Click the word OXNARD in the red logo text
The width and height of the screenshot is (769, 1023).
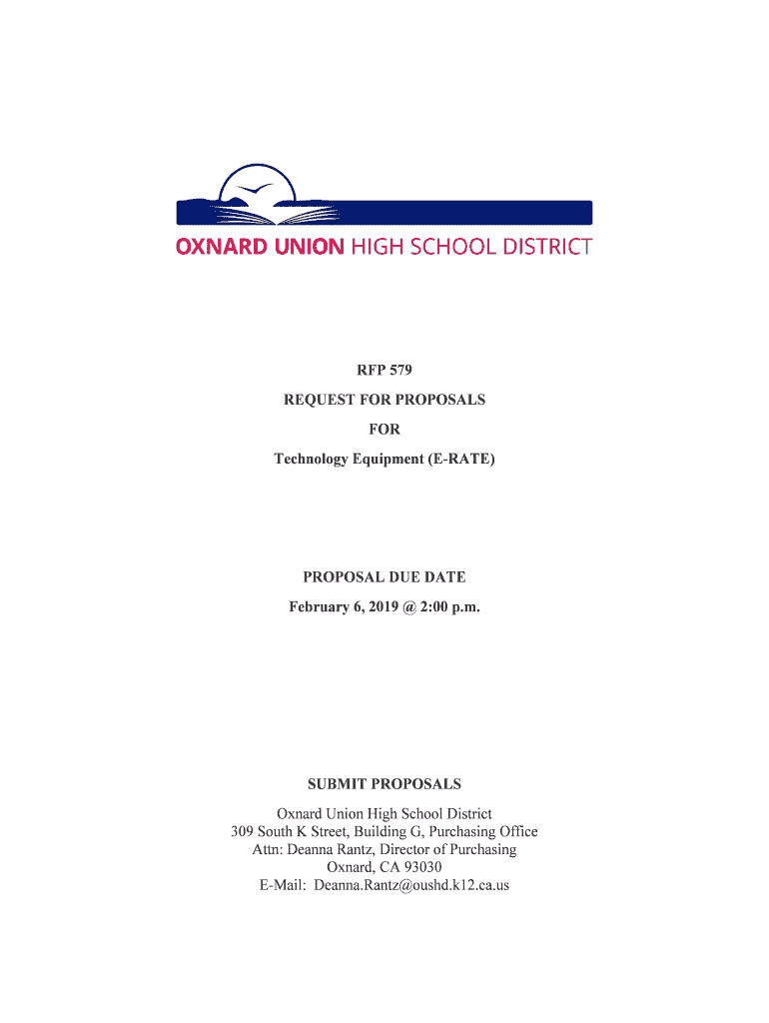tap(217, 246)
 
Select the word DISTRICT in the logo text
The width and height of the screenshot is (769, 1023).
tap(546, 246)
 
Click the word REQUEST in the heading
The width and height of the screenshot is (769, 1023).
tap(320, 400)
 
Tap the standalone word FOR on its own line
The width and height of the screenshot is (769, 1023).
tap(384, 430)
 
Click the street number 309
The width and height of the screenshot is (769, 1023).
tap(243, 831)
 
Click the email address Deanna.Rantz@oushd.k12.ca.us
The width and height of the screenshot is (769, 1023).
tap(411, 885)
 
